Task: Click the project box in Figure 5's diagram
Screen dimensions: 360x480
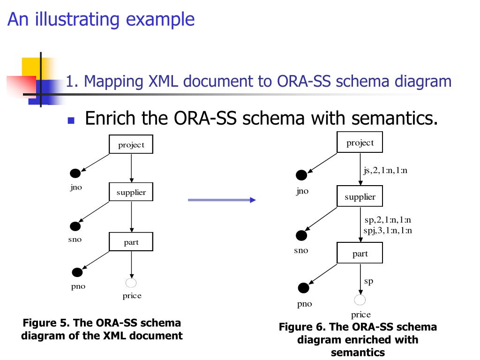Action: tap(131, 144)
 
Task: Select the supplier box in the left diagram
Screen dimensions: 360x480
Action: tap(131, 192)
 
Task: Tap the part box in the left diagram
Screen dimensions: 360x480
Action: tap(131, 242)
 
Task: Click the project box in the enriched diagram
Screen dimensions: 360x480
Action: tap(360, 142)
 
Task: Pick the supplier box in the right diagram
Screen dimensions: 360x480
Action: tap(360, 197)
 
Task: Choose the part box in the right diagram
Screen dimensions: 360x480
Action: tap(360, 254)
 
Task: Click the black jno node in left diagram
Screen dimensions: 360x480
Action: tap(75, 173)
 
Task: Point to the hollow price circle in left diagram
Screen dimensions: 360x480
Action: tap(131, 283)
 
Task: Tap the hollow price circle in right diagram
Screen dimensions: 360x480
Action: tap(360, 300)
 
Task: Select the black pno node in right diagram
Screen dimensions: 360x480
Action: tap(304, 288)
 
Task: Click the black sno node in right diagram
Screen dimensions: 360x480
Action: tap(301, 235)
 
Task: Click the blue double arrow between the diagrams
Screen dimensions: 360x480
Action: tap(221, 200)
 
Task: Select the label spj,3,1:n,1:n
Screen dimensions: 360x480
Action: tap(388, 230)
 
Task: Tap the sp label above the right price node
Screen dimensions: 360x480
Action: tap(368, 281)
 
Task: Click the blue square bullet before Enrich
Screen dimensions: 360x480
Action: tap(71, 120)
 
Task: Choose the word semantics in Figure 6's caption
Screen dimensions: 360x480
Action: tap(358, 352)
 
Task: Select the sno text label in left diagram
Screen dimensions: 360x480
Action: tap(75, 240)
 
